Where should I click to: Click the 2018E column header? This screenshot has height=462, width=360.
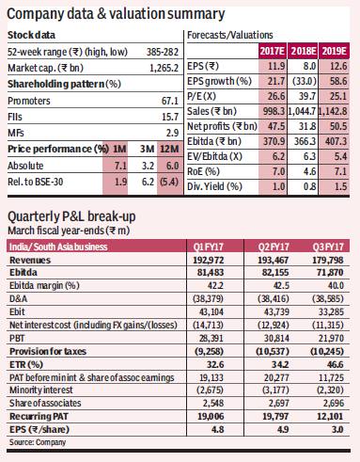pyautogui.click(x=303, y=51)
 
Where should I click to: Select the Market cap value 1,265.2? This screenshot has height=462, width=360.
pyautogui.click(x=164, y=68)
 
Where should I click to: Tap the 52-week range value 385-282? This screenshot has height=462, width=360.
pyautogui.click(x=163, y=52)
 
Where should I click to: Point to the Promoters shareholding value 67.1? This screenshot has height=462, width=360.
pyautogui.click(x=170, y=101)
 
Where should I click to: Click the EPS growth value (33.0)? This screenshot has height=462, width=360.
pyautogui.click(x=304, y=81)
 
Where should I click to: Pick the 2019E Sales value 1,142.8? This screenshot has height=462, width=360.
pyautogui.click(x=333, y=111)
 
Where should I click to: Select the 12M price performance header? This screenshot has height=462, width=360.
pyautogui.click(x=169, y=149)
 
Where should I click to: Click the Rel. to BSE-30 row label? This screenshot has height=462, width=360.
pyautogui.click(x=36, y=182)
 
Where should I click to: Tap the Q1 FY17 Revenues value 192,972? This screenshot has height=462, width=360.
pyautogui.click(x=209, y=260)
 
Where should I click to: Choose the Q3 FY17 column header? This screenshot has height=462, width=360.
pyautogui.click(x=328, y=247)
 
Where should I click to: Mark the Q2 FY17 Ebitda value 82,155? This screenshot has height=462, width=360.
pyautogui.click(x=275, y=272)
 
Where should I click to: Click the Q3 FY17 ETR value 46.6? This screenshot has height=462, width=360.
pyautogui.click(x=335, y=364)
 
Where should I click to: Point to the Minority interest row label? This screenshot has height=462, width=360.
pyautogui.click(x=41, y=390)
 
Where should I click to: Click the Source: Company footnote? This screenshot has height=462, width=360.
pyautogui.click(x=38, y=442)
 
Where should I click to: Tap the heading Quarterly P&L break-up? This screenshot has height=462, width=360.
pyautogui.click(x=71, y=216)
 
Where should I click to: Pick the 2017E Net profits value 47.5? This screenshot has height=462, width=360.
pyautogui.click(x=276, y=126)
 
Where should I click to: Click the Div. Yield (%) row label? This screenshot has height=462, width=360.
pyautogui.click(x=214, y=186)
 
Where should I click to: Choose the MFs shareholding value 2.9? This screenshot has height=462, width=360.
pyautogui.click(x=172, y=133)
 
